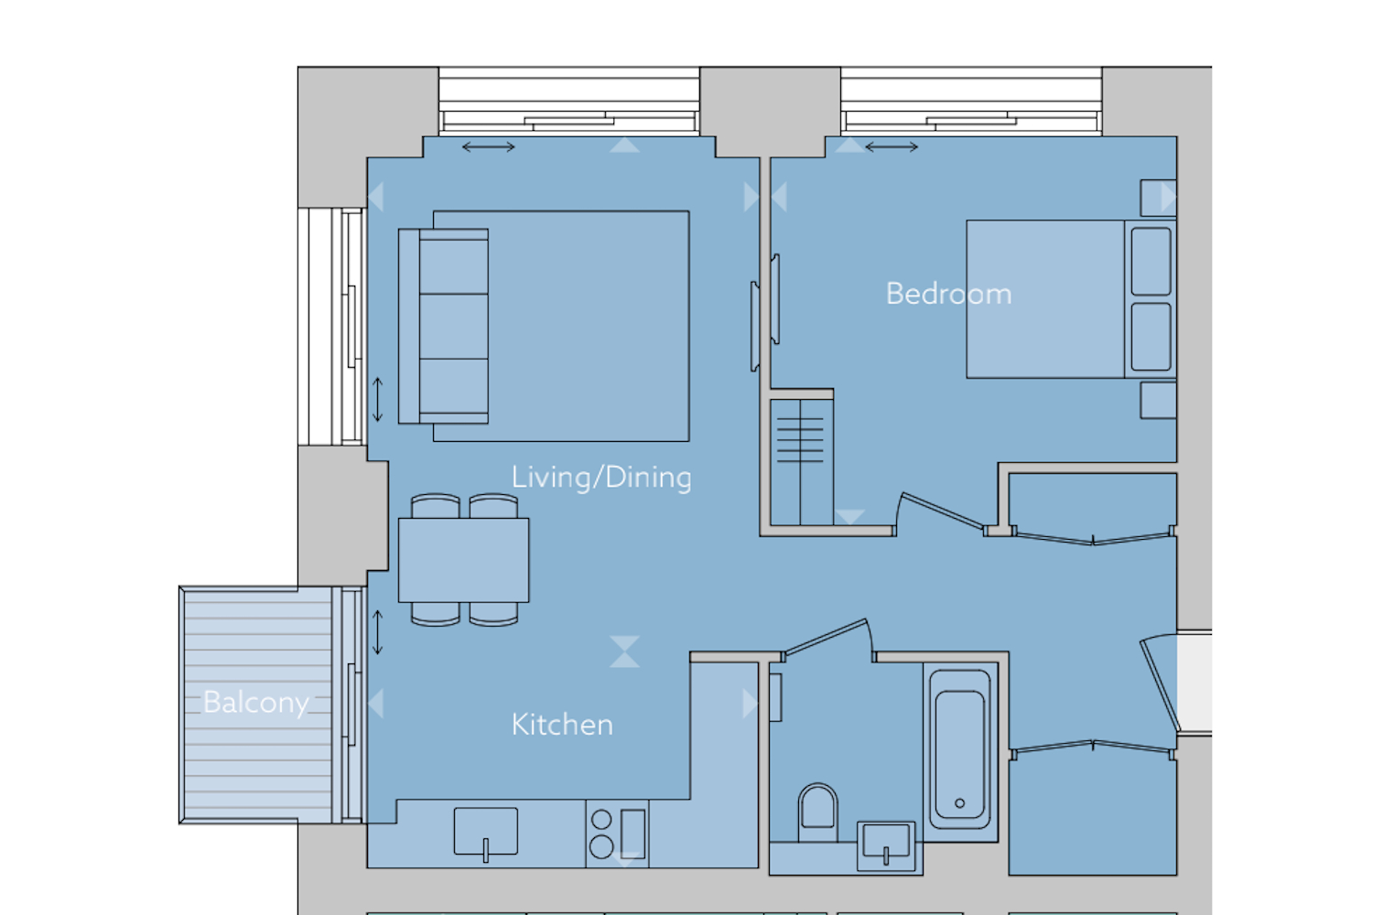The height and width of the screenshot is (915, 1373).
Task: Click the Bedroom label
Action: [x=948, y=294]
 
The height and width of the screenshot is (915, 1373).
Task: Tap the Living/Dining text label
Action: [x=601, y=478]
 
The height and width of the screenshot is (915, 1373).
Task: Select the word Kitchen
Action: [x=562, y=725]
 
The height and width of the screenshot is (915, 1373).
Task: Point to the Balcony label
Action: [x=255, y=703]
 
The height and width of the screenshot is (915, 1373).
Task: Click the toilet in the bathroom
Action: [x=817, y=810]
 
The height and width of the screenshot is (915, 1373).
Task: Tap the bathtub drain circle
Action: [x=960, y=802]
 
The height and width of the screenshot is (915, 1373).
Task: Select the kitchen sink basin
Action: [x=485, y=832]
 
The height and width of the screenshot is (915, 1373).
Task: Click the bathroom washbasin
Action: [x=886, y=845]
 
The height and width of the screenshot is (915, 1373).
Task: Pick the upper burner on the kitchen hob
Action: [x=601, y=820]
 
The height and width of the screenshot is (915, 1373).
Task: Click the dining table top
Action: [x=463, y=560]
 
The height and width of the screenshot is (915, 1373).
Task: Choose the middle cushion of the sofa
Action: [x=454, y=326]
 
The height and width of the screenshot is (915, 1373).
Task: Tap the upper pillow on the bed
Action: [x=1151, y=262]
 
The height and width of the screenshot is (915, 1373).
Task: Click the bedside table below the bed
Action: [x=1159, y=400]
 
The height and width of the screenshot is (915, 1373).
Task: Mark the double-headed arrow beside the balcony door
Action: [x=377, y=632]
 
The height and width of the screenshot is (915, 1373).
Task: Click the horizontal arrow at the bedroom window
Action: [x=892, y=147]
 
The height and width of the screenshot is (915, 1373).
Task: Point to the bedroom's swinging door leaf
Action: [x=942, y=511]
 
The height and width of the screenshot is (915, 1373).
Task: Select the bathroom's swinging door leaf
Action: [x=827, y=637]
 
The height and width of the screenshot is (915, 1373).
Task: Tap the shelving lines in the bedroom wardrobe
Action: [x=800, y=440]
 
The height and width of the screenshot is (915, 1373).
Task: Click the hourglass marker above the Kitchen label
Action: [x=624, y=651]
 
